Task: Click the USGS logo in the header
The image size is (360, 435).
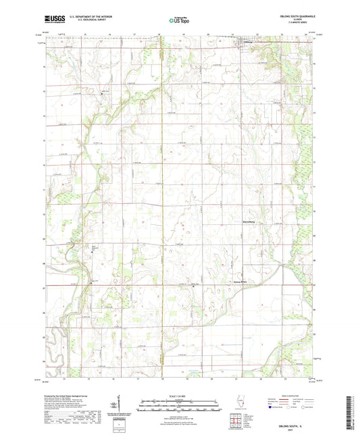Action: click(x=53, y=20)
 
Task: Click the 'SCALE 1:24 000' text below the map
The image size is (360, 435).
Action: click(x=180, y=395)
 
